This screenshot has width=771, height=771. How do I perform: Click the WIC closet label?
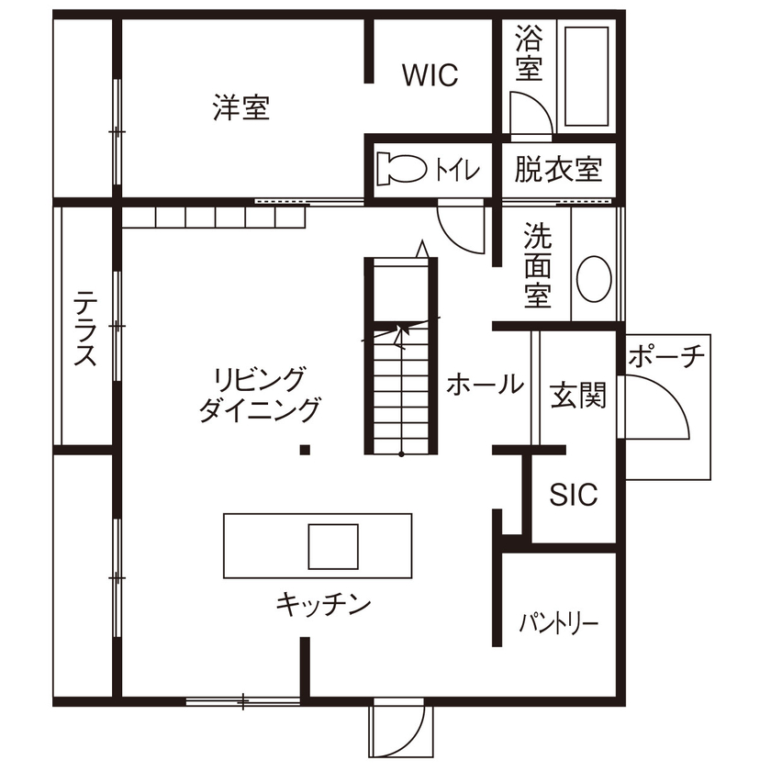[x=429, y=75]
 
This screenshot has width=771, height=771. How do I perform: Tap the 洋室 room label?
[x=240, y=108]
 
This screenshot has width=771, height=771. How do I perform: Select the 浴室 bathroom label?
[x=528, y=53]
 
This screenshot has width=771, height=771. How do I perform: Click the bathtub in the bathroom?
[x=587, y=76]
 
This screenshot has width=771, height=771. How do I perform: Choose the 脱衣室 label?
[x=558, y=170]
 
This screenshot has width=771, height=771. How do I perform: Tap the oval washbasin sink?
[x=594, y=277]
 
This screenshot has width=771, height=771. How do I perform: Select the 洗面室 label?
[x=538, y=265]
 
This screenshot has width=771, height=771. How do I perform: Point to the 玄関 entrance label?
[x=577, y=396]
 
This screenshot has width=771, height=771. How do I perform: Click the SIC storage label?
[x=574, y=495]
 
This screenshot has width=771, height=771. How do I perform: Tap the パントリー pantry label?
[x=559, y=624]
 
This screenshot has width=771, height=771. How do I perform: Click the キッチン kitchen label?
[x=323, y=604]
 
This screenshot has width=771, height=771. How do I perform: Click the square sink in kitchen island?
[x=332, y=545]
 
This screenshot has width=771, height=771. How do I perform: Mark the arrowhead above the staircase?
[x=421, y=248]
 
